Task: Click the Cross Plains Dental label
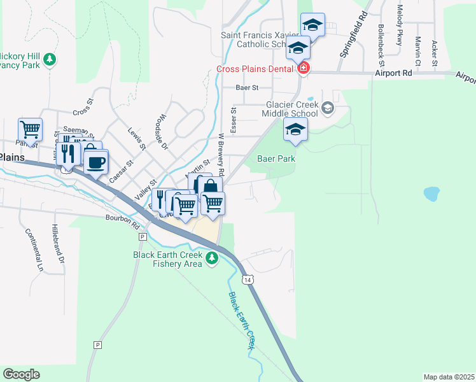click(255, 69)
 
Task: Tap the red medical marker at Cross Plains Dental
click(304, 68)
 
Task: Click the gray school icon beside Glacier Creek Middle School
click(328, 107)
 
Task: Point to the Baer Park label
click(276, 159)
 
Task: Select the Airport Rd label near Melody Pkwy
click(393, 73)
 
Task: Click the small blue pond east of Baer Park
click(431, 193)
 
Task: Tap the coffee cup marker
click(96, 162)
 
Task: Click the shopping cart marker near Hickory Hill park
click(30, 130)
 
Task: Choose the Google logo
click(21, 374)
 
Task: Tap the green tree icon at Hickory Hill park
click(50, 60)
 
